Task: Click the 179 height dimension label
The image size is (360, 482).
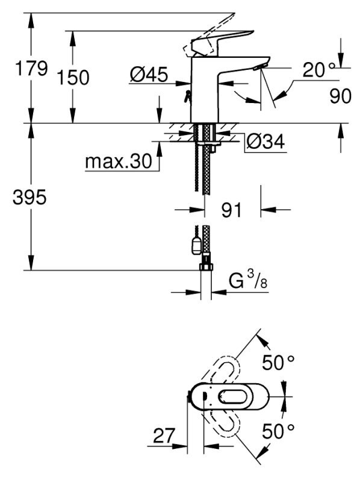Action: pos(31,68)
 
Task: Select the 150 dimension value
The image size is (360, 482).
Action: pos(73,77)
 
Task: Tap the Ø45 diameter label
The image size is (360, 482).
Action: pos(149,74)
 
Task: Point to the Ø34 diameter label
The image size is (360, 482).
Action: pos(265,142)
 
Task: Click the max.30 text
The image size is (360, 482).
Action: pos(119,161)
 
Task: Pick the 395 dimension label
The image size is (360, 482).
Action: pos(29,197)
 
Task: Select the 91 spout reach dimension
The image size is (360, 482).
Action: pos(232,210)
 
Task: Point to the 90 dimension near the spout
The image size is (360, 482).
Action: pos(340,96)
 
